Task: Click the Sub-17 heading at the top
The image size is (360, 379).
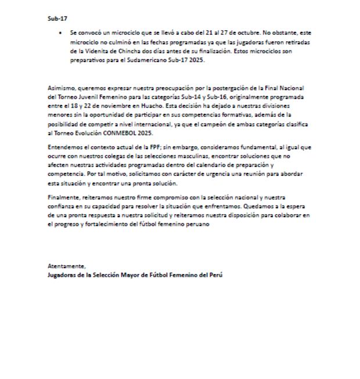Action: (x=57, y=18)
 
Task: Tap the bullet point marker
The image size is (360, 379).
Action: (x=61, y=34)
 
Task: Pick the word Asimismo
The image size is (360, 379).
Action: (x=60, y=88)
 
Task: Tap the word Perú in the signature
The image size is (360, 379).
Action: (x=216, y=275)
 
